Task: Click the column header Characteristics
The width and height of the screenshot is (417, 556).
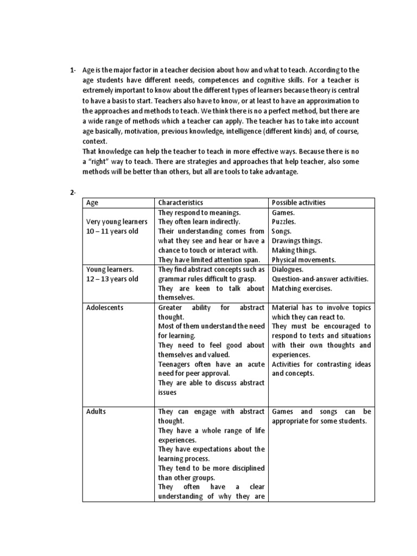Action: [181, 203]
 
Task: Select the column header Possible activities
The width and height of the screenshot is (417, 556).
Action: [299, 203]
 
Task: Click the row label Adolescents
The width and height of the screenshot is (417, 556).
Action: [105, 307]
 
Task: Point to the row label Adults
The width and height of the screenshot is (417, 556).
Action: [96, 412]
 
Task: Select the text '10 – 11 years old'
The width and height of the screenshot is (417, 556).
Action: [112, 231]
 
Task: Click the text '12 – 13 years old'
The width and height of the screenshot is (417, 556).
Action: [112, 279]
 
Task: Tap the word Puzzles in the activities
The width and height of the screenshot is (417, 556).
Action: [284, 222]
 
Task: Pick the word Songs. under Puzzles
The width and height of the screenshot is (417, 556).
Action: [282, 231]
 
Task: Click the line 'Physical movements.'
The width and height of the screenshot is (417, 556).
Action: [304, 260]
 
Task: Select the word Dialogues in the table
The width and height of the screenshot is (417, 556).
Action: [288, 269]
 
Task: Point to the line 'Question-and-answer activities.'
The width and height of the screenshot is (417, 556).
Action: [320, 279]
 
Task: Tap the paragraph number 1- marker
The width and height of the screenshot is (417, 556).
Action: [73, 70]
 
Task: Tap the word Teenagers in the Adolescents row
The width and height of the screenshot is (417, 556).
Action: [175, 364]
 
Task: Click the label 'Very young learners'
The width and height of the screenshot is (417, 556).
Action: [117, 222]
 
